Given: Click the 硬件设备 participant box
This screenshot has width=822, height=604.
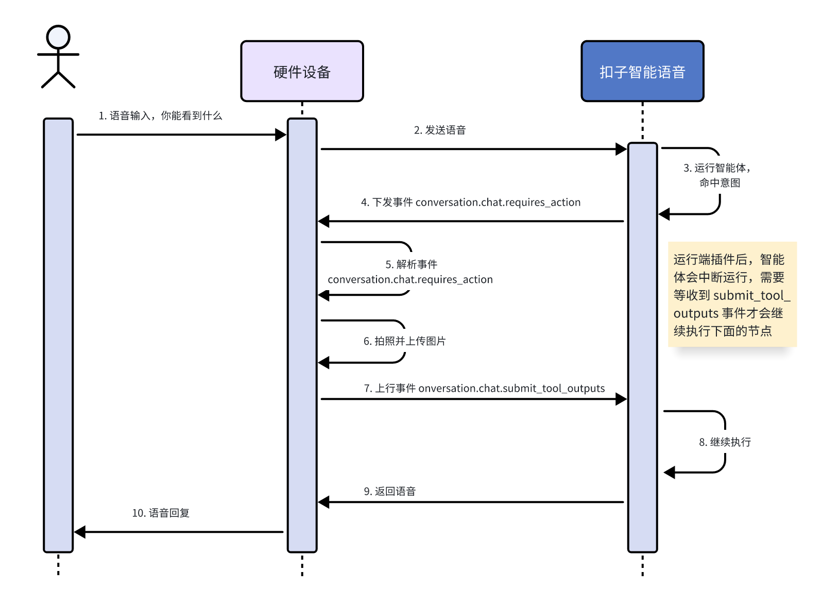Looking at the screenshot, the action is (302, 71).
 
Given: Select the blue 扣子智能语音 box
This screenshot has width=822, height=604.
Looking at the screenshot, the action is (642, 71).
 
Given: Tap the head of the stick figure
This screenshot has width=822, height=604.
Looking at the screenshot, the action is (58, 37).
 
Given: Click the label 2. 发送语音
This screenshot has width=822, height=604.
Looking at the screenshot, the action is (440, 130).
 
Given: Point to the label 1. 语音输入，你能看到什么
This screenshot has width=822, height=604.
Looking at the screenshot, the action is (160, 115).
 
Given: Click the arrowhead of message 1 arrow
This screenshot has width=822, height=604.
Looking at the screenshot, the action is (281, 135).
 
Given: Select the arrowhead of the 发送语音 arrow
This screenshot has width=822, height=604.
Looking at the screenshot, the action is (621, 149).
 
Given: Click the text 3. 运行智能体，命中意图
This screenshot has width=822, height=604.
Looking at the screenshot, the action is (717, 175).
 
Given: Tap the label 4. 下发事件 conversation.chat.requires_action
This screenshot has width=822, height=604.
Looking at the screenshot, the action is (470, 203).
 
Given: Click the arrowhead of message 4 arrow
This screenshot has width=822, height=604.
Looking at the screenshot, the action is (323, 222).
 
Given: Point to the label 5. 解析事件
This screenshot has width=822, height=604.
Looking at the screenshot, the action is (411, 264).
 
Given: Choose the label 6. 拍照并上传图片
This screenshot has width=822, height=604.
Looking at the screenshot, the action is (404, 341).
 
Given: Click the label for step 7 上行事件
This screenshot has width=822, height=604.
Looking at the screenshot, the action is (484, 388).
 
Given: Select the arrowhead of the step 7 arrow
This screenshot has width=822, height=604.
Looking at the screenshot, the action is (621, 399).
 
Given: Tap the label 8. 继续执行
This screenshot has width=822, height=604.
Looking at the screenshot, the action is (725, 442).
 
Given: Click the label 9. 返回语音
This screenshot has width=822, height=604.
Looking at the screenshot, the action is (390, 491).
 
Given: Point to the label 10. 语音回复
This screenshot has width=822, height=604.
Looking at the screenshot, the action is (160, 513).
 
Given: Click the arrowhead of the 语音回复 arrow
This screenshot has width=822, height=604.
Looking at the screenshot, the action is (80, 532).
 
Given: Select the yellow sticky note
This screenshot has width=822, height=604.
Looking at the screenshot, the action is (732, 294).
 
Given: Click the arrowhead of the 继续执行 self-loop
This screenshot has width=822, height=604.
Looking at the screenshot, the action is (670, 473).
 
